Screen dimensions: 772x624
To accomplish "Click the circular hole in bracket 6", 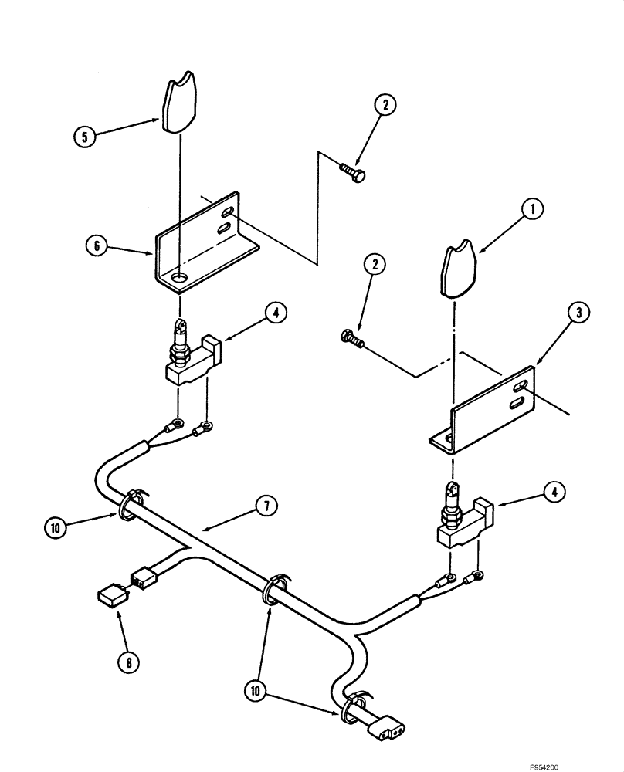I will click(x=179, y=276).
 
